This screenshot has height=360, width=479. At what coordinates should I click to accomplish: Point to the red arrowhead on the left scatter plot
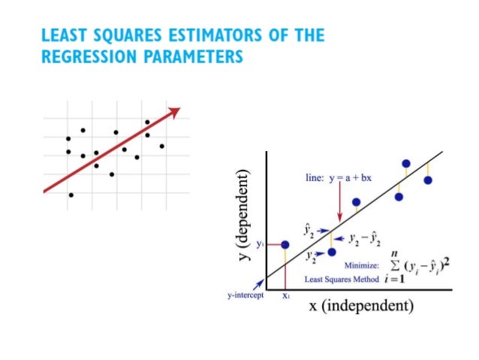pos(175,111)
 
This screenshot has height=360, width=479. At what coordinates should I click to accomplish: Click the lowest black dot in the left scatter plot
pos(71,195)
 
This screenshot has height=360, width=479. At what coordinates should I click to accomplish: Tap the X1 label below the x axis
pos(286,295)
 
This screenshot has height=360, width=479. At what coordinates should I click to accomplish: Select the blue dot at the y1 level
pos(285,244)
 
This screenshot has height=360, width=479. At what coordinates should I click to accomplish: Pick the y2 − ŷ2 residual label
pos(365,239)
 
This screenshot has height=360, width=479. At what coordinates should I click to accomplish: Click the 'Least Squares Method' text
pos(334,279)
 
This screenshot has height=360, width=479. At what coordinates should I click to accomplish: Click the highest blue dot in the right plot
pos(406,163)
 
